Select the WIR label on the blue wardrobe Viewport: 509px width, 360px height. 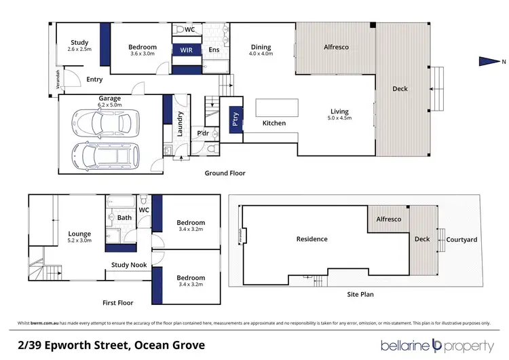(x=186, y=50)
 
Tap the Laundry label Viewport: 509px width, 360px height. (x=181, y=125)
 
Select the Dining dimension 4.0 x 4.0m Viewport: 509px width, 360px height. (x=261, y=54)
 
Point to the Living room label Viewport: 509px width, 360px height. (x=339, y=111)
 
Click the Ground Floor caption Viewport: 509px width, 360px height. (x=225, y=173)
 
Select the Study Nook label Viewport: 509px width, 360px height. (x=129, y=265)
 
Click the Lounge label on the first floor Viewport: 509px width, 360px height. (x=79, y=234)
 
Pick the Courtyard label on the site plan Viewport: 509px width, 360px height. (x=461, y=239)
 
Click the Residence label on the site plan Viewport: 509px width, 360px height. (x=312, y=239)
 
